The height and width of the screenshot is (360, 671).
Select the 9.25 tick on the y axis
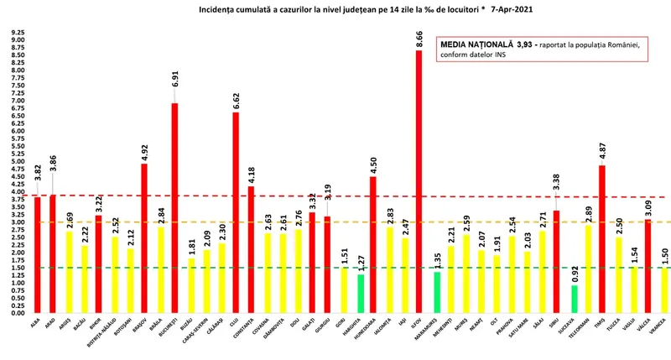tap(17, 33)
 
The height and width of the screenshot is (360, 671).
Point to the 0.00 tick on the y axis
tap(17, 312)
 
